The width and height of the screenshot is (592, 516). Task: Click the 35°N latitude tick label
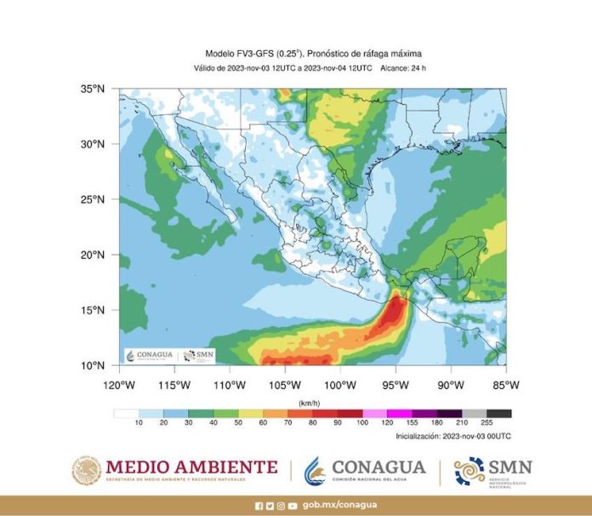click(x=93, y=89)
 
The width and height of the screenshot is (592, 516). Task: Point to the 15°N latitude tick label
click(x=93, y=310)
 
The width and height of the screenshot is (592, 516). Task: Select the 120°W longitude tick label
click(x=118, y=384)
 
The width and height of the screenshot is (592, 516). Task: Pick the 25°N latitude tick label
click(x=93, y=199)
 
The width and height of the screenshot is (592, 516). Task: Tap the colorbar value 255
click(x=488, y=423)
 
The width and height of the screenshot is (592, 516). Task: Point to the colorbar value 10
click(x=139, y=423)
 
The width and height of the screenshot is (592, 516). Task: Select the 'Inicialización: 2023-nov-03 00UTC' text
click(x=453, y=436)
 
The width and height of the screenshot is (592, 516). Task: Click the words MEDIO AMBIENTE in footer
click(x=191, y=466)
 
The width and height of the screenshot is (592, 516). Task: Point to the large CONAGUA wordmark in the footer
click(x=379, y=467)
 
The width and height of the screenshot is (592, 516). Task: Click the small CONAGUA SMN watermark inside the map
click(x=170, y=355)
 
